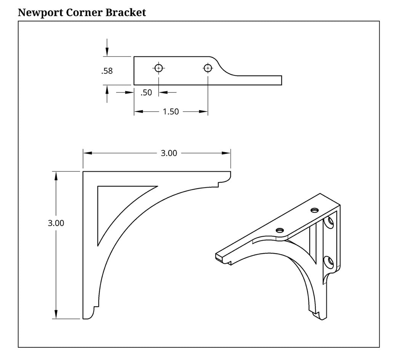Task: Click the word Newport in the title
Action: (x=40, y=13)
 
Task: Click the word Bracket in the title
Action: (x=126, y=13)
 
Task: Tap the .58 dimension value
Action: (x=107, y=71)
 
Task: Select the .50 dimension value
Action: (x=146, y=92)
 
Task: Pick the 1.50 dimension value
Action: (x=171, y=112)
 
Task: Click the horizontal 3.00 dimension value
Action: (x=169, y=153)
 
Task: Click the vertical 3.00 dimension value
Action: (x=56, y=223)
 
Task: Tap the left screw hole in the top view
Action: (x=159, y=68)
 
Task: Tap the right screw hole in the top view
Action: (x=208, y=68)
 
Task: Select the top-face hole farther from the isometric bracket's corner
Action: (x=280, y=230)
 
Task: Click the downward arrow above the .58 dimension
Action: (x=107, y=52)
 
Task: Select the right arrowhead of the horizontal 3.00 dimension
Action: (x=227, y=153)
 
